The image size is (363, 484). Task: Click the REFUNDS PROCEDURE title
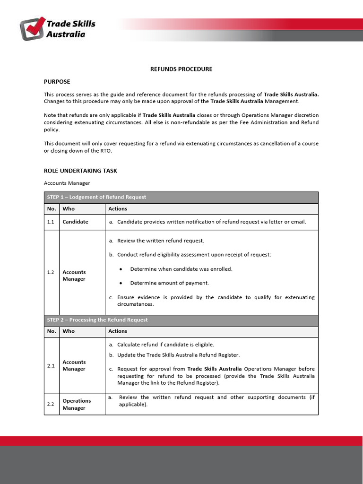181,69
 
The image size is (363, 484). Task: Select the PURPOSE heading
57,82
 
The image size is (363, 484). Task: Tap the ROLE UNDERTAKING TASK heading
80,171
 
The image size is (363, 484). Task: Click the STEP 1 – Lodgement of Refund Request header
96,197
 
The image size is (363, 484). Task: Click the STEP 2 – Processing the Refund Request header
97,320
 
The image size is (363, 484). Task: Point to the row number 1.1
51,222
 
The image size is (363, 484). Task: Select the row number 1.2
51,272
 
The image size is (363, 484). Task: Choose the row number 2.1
51,365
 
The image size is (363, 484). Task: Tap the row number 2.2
51,404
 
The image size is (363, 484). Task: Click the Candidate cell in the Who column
75,222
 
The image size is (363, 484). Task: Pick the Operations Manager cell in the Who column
77,404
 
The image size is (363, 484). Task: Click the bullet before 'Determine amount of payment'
121,283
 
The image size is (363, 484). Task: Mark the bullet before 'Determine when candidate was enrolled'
121,269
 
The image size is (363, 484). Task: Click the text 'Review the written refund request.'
160,241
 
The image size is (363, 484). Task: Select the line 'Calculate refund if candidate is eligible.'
165,345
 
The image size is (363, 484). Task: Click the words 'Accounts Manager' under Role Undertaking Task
67,183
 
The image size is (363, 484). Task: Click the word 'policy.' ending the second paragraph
52,129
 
